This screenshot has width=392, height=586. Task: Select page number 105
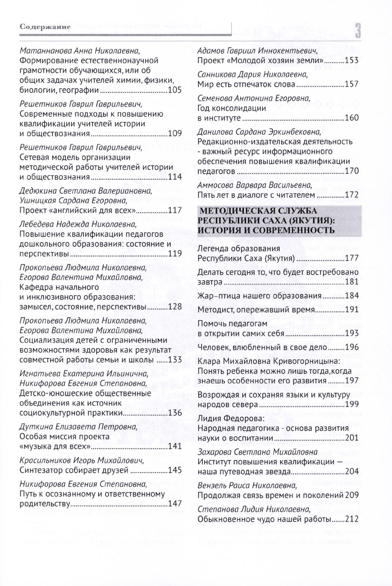coord(175,90)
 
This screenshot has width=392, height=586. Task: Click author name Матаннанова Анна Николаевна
coord(82,50)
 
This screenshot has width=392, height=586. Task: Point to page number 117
coord(175,210)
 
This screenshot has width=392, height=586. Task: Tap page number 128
coord(175,307)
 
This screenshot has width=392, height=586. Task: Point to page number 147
coord(175,504)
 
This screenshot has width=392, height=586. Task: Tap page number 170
coord(352,171)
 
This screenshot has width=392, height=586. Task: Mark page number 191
coord(352,310)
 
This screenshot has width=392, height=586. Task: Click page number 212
coord(352,519)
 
